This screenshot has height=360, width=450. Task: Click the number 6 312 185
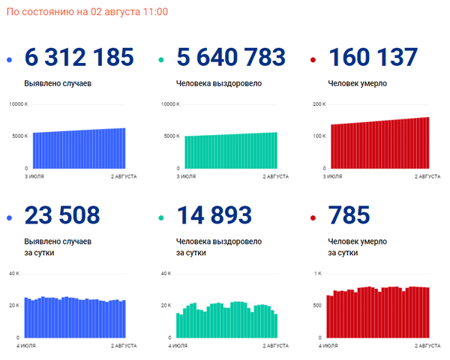point(79,57)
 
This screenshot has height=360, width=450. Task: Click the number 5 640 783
point(231,57)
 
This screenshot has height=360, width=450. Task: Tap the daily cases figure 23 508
point(62,215)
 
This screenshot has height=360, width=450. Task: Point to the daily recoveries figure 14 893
point(214,215)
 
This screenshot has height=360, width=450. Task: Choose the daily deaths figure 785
point(349,215)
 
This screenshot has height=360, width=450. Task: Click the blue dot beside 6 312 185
point(9,60)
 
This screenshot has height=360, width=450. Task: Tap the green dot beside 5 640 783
point(160,60)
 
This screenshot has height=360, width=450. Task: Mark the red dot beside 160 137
point(313,60)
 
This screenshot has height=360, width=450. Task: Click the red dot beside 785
point(313,218)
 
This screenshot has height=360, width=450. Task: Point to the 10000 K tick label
point(19,103)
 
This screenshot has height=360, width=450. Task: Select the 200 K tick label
point(319,103)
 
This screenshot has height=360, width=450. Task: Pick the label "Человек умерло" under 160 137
point(358,83)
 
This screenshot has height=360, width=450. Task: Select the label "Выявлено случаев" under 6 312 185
point(58,83)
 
